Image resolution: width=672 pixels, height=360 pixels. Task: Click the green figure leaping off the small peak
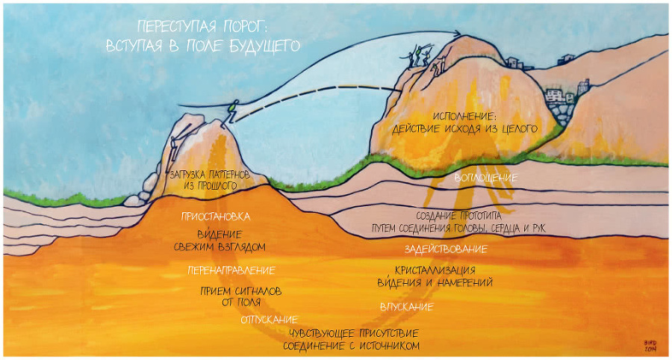point(234,111)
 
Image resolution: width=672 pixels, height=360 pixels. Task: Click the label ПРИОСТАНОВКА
point(215,217)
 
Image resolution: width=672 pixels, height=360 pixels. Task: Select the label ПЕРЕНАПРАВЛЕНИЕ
point(231,270)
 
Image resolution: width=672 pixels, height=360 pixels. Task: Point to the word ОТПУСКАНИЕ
point(264,320)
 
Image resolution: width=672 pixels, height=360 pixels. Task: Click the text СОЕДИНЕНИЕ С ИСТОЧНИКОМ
point(350,346)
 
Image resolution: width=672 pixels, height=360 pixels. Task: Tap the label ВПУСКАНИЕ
point(406,306)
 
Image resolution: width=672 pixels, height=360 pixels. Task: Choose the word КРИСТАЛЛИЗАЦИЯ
point(435,270)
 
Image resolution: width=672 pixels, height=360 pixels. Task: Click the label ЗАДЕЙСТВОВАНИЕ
point(446,249)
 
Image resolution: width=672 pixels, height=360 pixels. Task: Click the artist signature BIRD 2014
point(648,344)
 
